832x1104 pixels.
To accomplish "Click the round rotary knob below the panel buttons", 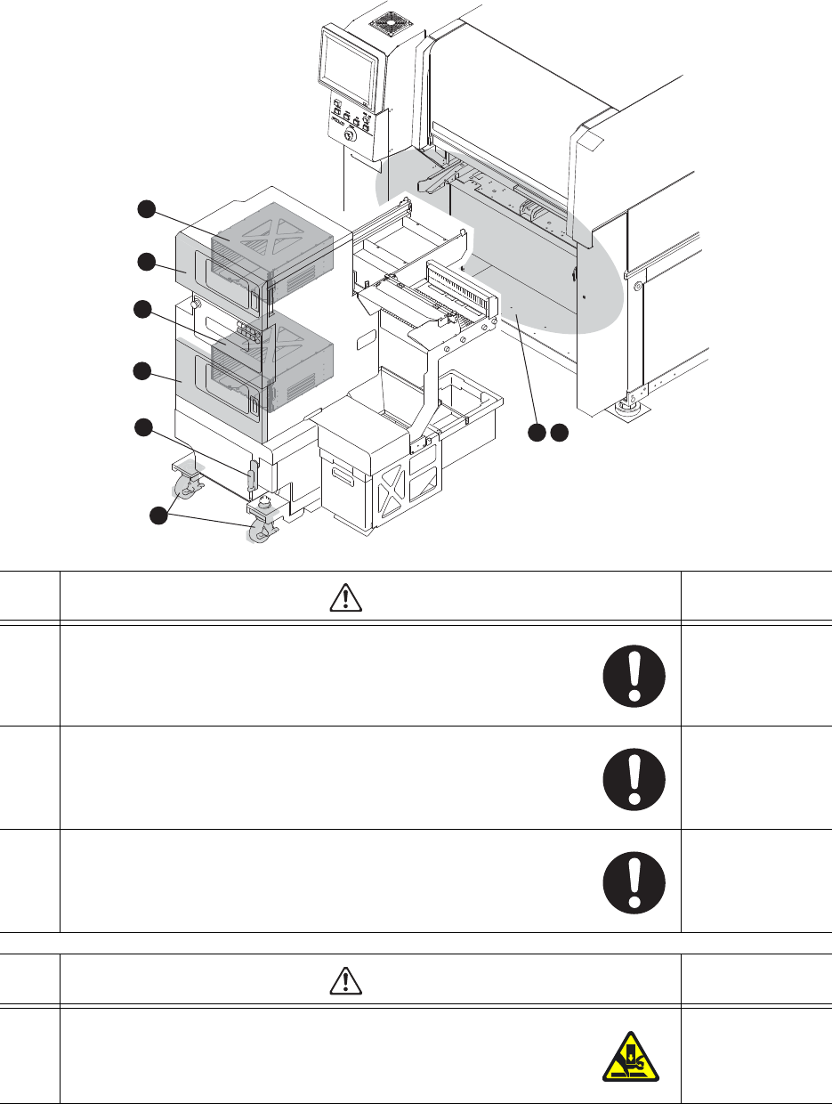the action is tap(349, 135).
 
